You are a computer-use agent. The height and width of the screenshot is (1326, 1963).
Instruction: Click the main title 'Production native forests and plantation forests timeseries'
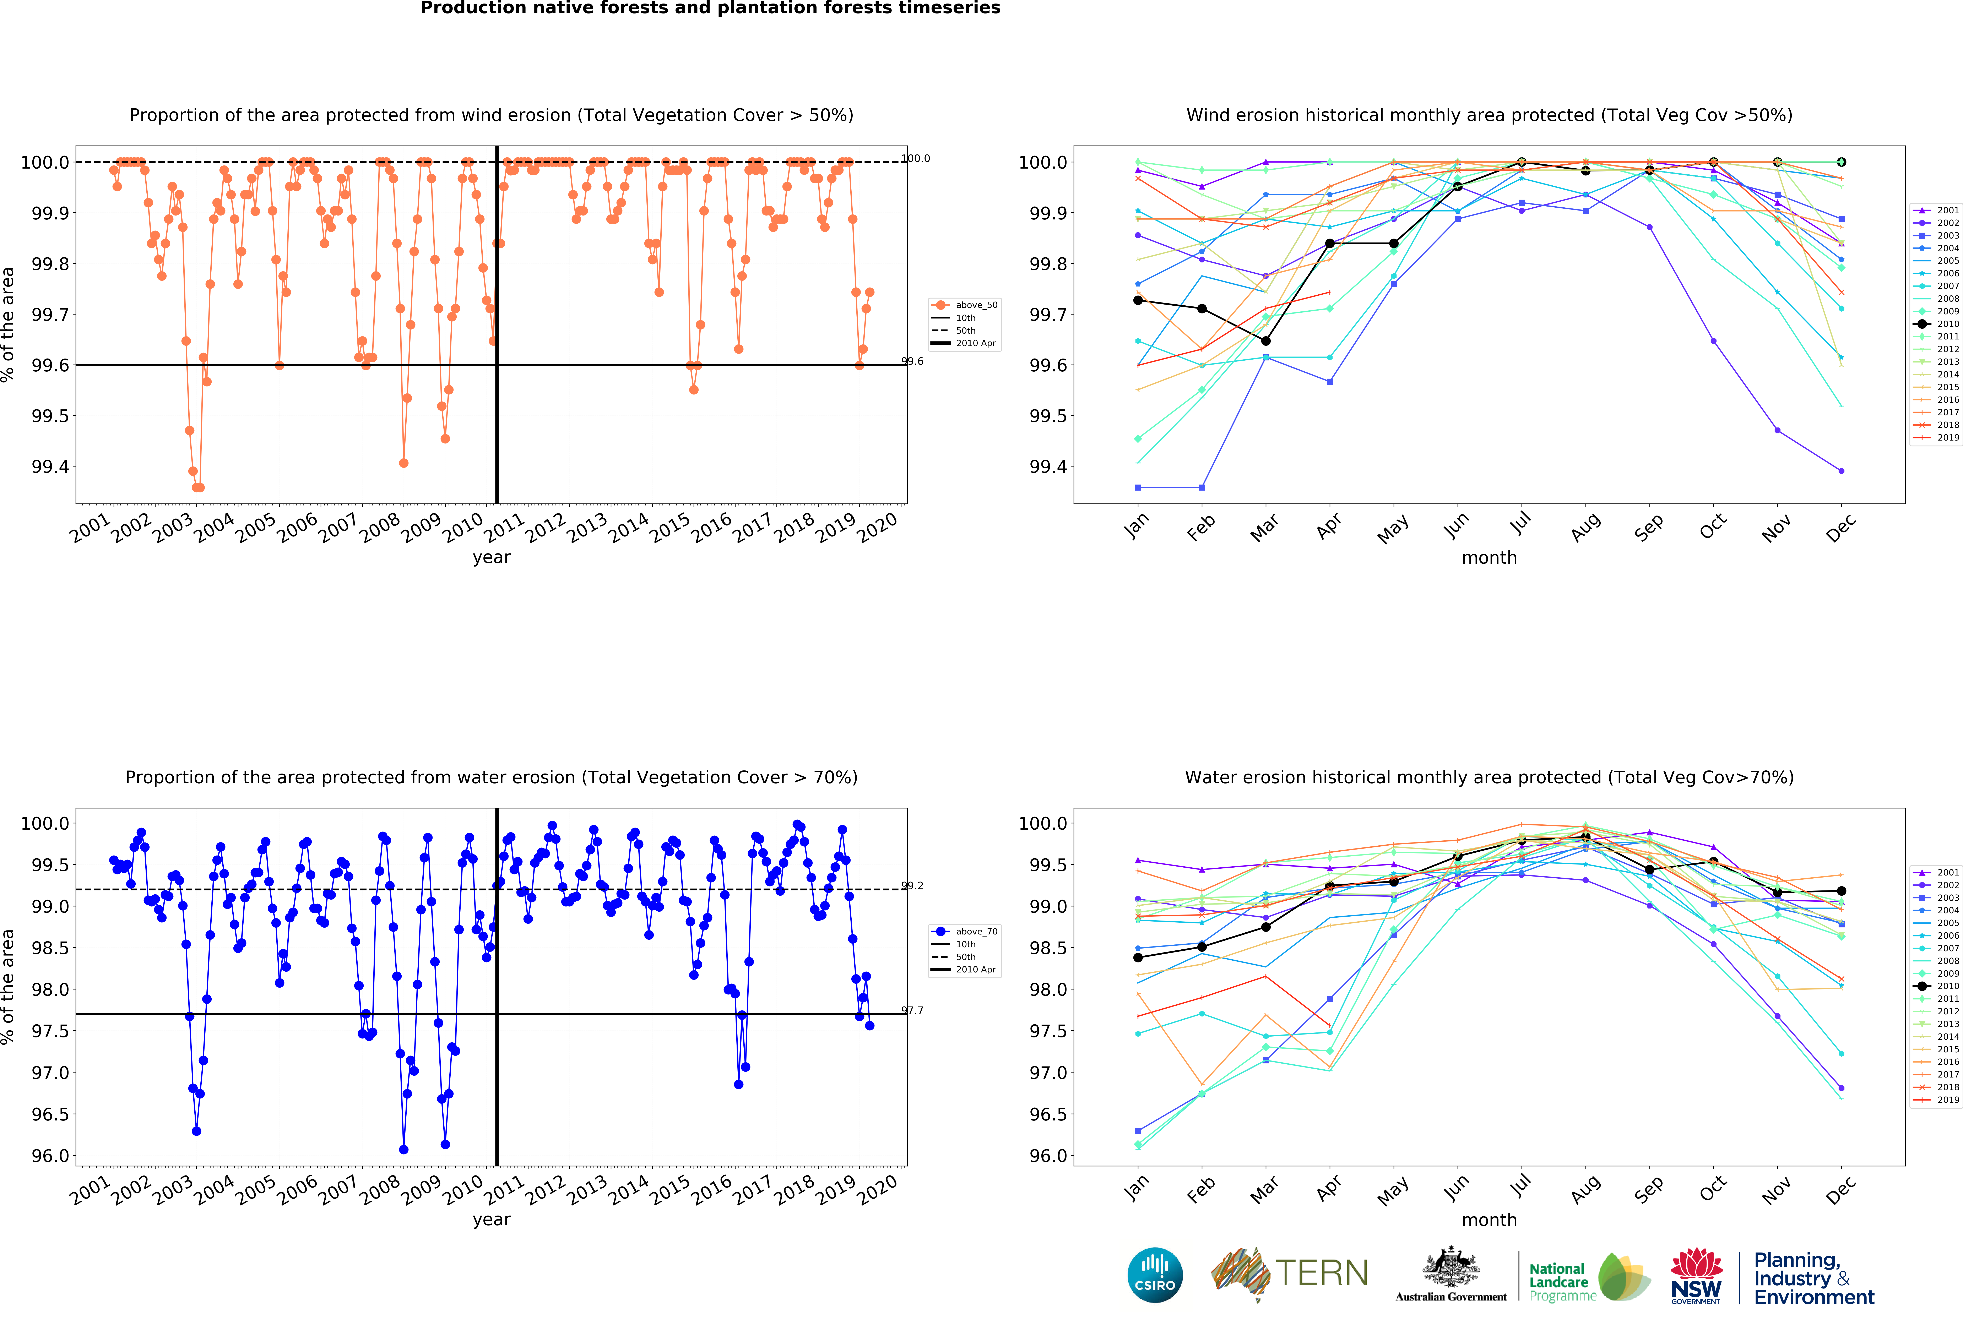(710, 9)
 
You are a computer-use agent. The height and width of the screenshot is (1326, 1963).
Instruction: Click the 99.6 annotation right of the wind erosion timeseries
(912, 361)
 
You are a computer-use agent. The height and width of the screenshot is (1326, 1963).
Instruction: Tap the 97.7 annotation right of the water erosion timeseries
(912, 1010)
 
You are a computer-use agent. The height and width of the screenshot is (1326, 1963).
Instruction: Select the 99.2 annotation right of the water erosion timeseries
(912, 886)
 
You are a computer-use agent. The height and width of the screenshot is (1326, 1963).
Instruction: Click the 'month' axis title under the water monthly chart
(1489, 1219)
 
